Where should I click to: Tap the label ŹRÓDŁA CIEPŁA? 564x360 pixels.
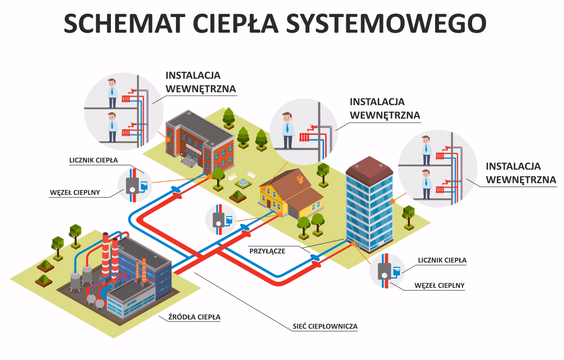(x=194, y=317)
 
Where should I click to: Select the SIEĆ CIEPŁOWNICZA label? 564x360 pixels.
(x=325, y=326)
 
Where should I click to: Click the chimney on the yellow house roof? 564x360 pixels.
(x=300, y=180)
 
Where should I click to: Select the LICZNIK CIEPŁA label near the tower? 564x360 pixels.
(x=442, y=260)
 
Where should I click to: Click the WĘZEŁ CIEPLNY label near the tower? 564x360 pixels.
(x=439, y=285)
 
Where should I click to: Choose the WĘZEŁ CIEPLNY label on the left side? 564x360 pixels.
(x=75, y=193)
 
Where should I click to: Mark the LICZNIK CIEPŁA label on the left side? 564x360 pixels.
(x=93, y=160)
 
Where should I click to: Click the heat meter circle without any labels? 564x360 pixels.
(x=221, y=219)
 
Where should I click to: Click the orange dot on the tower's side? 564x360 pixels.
(x=392, y=201)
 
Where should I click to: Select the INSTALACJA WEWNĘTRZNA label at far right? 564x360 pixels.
(x=520, y=173)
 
